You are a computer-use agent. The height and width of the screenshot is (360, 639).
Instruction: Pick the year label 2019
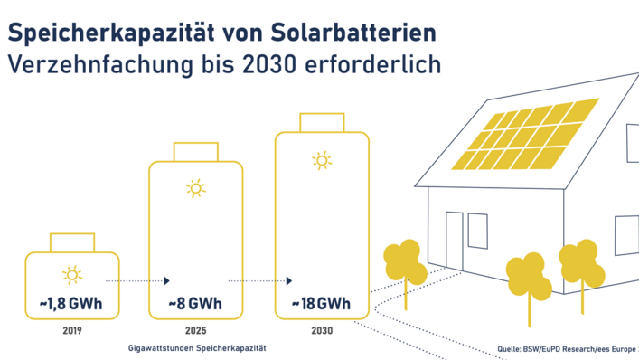pyautogui.click(x=71, y=331)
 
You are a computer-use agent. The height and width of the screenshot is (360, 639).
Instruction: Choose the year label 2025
pyautogui.click(x=195, y=331)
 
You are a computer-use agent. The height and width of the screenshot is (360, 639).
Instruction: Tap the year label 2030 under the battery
pyautogui.click(x=321, y=331)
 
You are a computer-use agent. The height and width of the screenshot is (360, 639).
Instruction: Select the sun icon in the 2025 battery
pyautogui.click(x=195, y=189)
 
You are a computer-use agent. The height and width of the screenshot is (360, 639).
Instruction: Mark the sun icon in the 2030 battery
pyautogui.click(x=321, y=161)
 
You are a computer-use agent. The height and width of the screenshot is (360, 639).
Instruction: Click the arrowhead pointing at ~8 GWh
pyautogui.click(x=167, y=281)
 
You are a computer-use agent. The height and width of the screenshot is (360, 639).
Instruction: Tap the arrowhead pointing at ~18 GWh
pyautogui.click(x=291, y=281)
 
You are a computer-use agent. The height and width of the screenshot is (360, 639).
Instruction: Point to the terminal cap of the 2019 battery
pyautogui.click(x=71, y=242)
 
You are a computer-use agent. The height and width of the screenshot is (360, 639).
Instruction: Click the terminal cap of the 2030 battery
pyautogui.click(x=321, y=123)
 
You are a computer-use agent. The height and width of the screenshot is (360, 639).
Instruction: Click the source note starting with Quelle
pyautogui.click(x=567, y=346)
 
